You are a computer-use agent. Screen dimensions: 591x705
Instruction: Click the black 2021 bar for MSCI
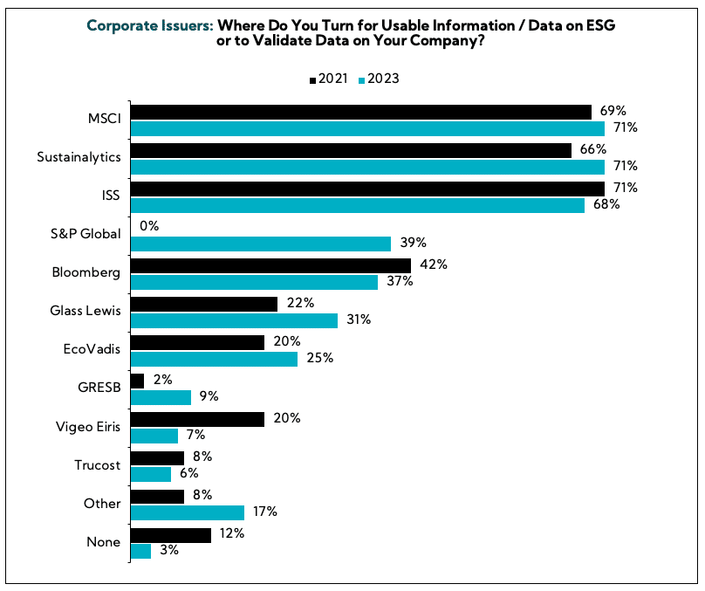pyautogui.click(x=360, y=112)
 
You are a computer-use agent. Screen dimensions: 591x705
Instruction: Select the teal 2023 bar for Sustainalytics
pyautogui.click(x=366, y=166)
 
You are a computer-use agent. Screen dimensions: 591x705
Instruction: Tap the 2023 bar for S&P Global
pyautogui.click(x=260, y=243)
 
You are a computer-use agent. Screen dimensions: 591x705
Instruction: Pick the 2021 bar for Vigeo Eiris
pyautogui.click(x=197, y=419)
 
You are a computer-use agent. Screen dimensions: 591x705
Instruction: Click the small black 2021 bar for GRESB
pyautogui.click(x=137, y=381)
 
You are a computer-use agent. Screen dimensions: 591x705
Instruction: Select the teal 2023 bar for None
pyautogui.click(x=140, y=551)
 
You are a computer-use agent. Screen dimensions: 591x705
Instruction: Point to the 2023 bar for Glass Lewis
pyautogui.click(x=234, y=320)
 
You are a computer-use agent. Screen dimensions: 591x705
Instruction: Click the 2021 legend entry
pyautogui.click(x=329, y=79)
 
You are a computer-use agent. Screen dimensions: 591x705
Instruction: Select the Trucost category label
pyautogui.click(x=98, y=464)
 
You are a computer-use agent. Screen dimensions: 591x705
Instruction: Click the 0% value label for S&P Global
pyautogui.click(x=149, y=226)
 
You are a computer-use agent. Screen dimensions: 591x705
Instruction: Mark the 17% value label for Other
pyautogui.click(x=265, y=512)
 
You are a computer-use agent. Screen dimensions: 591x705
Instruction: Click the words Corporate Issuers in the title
pyautogui.click(x=149, y=26)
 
